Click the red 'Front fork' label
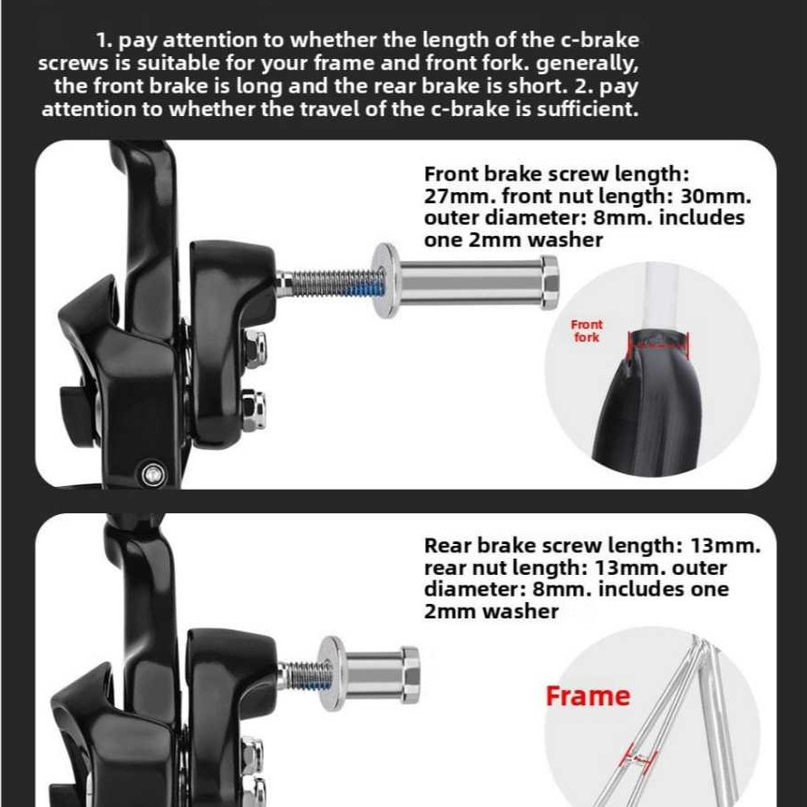pos(586,331)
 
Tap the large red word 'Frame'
pos(588,695)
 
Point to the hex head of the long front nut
pos(549,283)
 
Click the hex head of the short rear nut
pos(410,675)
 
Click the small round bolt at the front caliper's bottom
pos(153,473)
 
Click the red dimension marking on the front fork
pos(658,345)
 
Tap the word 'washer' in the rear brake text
pos(520,612)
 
